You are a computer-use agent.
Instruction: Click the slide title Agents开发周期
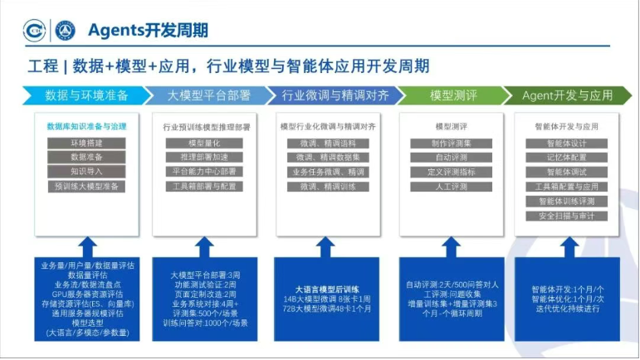coord(149,31)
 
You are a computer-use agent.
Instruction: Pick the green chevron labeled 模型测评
coord(452,95)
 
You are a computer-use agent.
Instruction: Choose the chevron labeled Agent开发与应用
coord(566,95)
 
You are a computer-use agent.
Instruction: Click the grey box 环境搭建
coord(86,143)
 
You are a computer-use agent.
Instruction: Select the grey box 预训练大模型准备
coord(86,186)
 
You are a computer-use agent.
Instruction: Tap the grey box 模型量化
coord(204,143)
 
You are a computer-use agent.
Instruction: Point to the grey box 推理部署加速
coord(204,157)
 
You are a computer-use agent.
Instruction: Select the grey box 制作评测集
coord(451,143)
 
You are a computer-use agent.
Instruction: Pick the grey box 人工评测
coord(451,186)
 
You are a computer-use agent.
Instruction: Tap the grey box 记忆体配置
coord(567,157)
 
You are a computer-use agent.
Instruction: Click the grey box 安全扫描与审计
coord(567,216)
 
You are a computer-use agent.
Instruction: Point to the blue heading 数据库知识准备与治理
coord(86,126)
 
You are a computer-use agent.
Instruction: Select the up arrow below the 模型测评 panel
coord(451,246)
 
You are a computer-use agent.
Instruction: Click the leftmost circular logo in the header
coord(34,31)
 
